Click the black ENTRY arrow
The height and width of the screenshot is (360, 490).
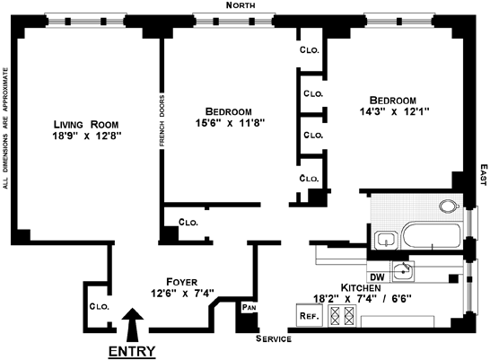point(133,325)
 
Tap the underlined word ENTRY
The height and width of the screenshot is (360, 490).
point(132,352)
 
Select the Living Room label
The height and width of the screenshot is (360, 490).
point(86,125)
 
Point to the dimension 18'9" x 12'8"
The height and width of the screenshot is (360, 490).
point(86,136)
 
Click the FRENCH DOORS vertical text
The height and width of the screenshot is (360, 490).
point(162,120)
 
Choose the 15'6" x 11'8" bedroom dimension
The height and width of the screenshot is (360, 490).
point(230,123)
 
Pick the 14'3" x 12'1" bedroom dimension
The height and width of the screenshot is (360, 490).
point(394,111)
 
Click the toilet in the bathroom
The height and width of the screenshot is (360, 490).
point(449,206)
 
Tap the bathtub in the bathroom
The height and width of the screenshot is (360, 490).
point(432,236)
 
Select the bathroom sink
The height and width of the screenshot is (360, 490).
point(386,241)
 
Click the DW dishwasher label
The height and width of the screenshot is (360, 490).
point(377,277)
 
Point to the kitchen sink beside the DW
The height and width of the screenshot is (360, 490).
point(404,271)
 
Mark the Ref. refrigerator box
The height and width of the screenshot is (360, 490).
point(309,315)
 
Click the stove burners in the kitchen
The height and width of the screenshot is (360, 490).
point(342,316)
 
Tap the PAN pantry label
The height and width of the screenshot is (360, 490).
point(249,308)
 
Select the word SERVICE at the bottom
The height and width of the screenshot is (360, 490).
point(274,338)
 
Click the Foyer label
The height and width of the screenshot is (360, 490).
point(181,282)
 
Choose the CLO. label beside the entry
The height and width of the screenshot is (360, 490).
point(99,306)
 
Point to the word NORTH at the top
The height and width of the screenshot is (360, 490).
point(241,5)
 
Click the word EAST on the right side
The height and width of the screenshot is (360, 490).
point(484,175)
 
